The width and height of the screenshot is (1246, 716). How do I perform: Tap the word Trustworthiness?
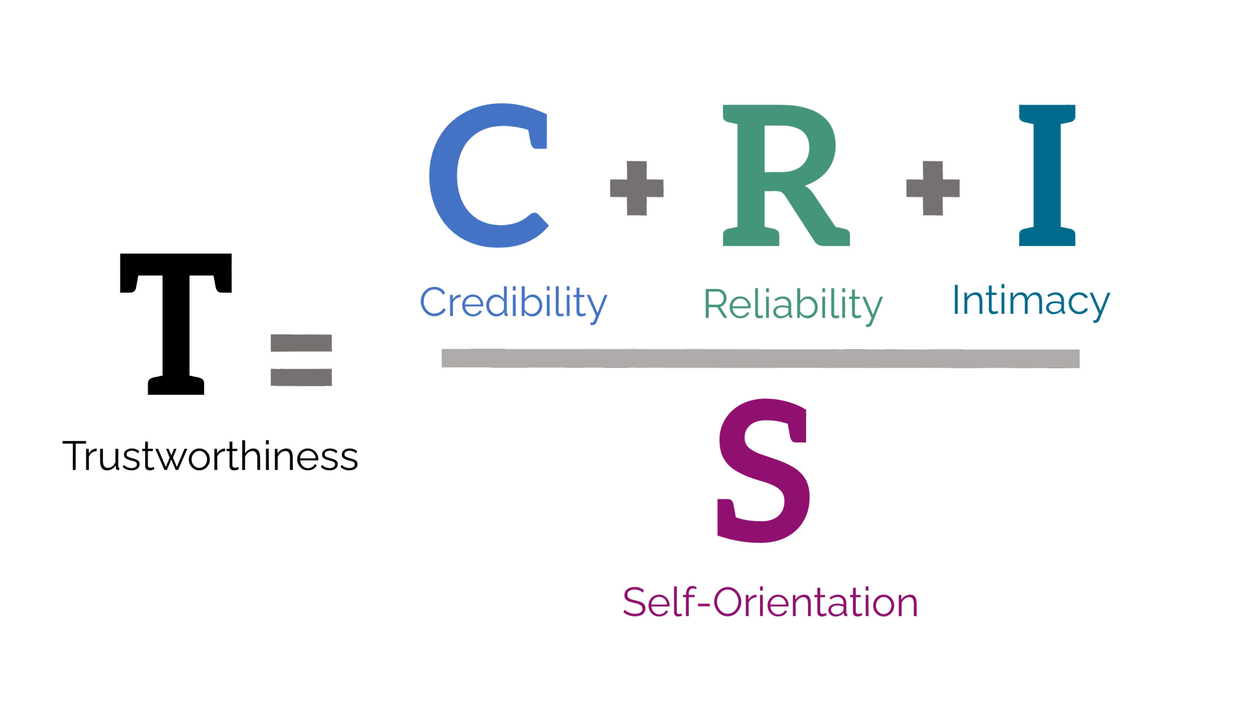(x=210, y=456)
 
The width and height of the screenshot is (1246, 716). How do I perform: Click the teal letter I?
(x=1047, y=175)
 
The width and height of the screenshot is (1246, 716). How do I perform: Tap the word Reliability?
(x=793, y=305)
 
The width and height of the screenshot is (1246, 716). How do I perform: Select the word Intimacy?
(x=1031, y=301)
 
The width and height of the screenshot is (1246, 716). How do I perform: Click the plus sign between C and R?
(x=637, y=188)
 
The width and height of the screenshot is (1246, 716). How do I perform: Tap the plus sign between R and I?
(x=933, y=188)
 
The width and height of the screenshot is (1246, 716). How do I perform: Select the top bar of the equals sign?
(x=301, y=343)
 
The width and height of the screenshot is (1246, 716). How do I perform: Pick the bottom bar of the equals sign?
(x=301, y=377)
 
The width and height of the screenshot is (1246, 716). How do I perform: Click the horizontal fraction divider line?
(x=760, y=358)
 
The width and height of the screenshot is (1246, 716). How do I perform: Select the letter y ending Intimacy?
(x=1100, y=305)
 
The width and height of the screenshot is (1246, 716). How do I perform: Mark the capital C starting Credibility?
(x=433, y=302)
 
